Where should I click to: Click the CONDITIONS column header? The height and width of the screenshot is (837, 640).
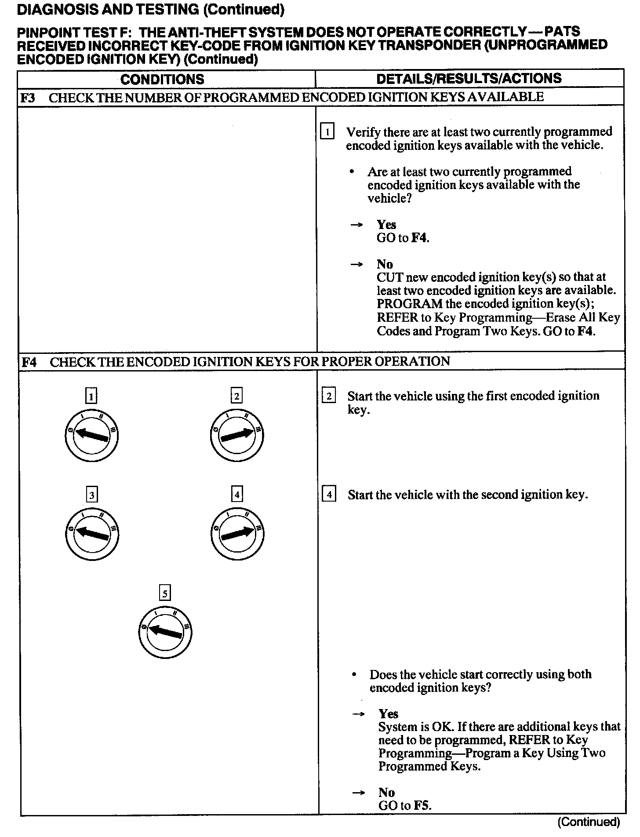click(x=162, y=79)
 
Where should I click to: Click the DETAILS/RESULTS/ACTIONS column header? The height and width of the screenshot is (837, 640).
click(x=469, y=78)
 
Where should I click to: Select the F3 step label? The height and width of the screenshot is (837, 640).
click(x=28, y=98)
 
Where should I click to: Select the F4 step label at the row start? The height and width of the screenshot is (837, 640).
click(x=29, y=362)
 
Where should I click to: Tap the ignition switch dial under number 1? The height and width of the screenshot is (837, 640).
click(x=91, y=436)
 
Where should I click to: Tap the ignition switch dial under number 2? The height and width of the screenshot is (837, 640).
click(x=237, y=435)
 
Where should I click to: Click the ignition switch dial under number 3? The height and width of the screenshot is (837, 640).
click(x=91, y=534)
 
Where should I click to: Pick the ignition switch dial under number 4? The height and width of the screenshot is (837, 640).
click(x=237, y=534)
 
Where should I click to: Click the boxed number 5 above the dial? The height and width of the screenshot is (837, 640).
click(x=164, y=594)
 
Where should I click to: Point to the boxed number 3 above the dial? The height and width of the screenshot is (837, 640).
click(x=91, y=495)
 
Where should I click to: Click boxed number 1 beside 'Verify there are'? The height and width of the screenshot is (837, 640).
click(x=327, y=132)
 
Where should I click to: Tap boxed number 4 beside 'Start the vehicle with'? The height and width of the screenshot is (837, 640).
click(x=329, y=495)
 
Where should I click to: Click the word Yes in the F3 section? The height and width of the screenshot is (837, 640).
click(x=386, y=225)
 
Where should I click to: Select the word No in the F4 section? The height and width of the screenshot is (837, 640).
click(x=387, y=792)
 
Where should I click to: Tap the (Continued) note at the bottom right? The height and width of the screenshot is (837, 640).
click(x=588, y=822)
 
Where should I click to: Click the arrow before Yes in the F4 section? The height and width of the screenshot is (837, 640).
click(x=359, y=714)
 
